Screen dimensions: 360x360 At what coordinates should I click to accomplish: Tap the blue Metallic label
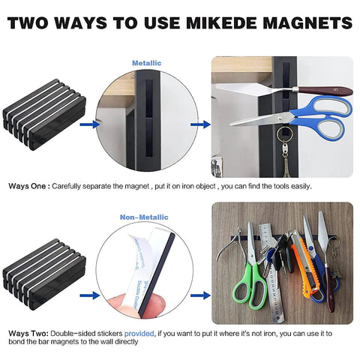pos(147,64)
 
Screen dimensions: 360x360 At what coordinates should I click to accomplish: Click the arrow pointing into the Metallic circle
pos(90,125)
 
